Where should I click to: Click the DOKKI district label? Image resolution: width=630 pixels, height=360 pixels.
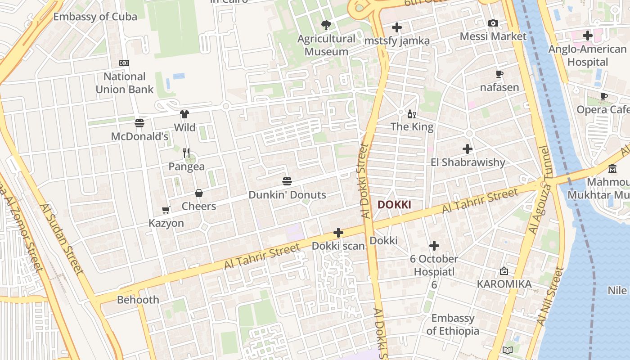[x=394, y=205]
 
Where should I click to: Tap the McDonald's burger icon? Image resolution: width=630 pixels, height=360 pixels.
[x=139, y=123]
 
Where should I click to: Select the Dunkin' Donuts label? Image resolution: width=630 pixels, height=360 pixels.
[x=287, y=195]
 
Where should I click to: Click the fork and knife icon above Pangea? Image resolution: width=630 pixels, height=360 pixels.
[x=187, y=153]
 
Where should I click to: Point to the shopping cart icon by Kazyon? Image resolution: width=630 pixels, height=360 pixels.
[x=166, y=210]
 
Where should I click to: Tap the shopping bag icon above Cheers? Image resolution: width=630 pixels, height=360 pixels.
[x=199, y=193]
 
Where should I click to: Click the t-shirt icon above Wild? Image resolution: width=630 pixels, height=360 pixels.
[x=184, y=114]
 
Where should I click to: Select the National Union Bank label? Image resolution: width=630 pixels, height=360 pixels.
[x=125, y=83]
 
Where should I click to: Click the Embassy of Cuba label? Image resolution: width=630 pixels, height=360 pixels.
[x=95, y=17]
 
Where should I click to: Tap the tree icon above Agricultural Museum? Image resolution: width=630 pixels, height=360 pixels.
[x=326, y=25]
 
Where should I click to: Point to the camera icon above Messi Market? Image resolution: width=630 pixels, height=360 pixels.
[x=493, y=23]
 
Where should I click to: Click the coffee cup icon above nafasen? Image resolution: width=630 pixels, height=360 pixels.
[x=499, y=74]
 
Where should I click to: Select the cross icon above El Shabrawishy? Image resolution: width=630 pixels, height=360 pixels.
[x=468, y=148]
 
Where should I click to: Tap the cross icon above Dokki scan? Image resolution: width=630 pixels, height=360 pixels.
[x=338, y=233]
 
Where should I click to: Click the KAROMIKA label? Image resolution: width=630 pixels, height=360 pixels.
[x=504, y=284]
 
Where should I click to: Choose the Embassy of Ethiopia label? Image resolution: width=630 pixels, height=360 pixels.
[x=453, y=324]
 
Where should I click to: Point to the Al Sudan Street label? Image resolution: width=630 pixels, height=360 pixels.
[x=62, y=239]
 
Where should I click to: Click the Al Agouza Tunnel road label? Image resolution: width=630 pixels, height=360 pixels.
[x=540, y=190]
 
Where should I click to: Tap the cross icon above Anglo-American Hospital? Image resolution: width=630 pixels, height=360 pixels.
[x=587, y=36]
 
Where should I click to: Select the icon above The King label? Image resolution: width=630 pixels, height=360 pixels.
[x=412, y=114]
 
